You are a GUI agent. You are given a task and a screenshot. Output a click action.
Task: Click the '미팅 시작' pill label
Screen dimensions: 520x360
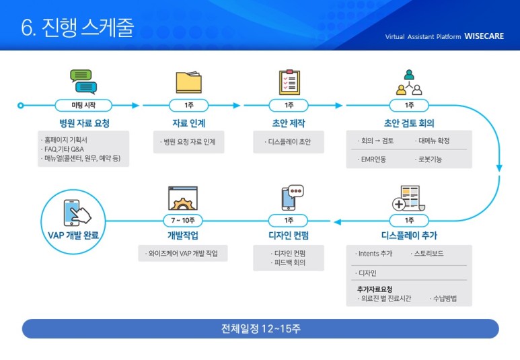pos(83,105)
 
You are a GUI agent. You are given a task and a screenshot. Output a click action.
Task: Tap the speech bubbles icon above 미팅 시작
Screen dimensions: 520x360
pos(83,81)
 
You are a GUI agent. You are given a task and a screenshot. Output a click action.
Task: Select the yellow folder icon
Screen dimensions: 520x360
pos(189,82)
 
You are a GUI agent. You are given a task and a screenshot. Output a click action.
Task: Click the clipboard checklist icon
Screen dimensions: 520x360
pos(289,82)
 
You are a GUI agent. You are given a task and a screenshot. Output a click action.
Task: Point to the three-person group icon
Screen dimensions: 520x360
pos(409,82)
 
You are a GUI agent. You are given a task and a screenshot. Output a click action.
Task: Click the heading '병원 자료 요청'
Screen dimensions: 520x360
pos(84,123)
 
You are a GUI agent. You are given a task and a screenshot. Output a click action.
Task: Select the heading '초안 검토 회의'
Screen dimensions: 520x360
pos(409,123)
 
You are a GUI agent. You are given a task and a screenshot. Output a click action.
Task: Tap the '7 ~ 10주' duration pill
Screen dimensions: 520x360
pos(183,220)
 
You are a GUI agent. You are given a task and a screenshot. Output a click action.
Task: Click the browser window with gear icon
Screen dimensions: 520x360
pos(183,198)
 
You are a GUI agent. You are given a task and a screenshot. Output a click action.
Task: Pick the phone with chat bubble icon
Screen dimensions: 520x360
pos(292,197)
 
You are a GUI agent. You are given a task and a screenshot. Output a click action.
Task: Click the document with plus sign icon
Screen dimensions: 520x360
pos(408,199)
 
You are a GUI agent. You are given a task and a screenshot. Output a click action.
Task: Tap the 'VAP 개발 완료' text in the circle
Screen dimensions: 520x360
pos(73,236)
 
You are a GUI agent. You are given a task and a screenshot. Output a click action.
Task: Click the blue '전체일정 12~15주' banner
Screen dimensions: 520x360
pos(260,329)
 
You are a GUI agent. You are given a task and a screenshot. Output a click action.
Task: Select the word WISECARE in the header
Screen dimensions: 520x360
pos(484,36)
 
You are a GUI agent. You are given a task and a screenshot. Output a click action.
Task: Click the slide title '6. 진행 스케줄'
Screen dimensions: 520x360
pos(77,27)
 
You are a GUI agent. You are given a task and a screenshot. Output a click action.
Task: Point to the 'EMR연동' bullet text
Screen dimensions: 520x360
pos(373,159)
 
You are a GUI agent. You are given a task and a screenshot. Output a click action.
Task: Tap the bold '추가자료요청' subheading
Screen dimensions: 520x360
pos(375,289)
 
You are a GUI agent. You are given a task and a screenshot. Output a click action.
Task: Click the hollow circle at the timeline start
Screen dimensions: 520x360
pos(21,106)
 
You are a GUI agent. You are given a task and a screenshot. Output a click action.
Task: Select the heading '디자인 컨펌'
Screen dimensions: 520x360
pos(289,236)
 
